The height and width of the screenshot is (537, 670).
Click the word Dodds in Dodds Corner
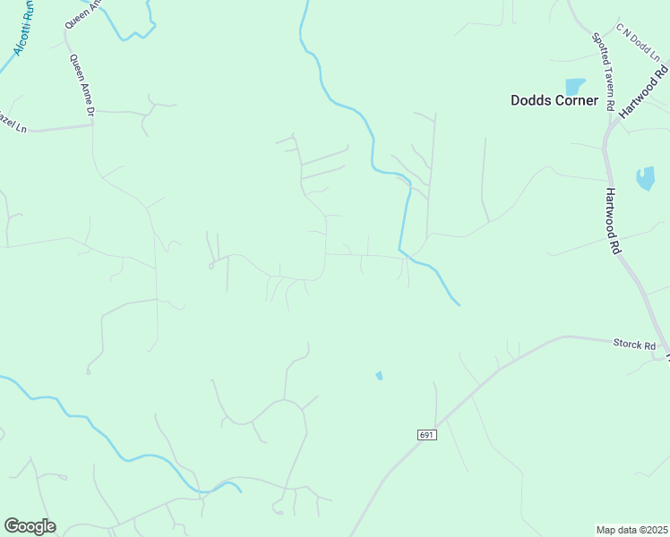(531, 100)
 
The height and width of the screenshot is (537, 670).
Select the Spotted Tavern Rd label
(602, 72)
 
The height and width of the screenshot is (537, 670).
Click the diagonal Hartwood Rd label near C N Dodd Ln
(645, 89)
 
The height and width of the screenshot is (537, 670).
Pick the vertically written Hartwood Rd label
(613, 221)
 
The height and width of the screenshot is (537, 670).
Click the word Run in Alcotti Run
(30, 8)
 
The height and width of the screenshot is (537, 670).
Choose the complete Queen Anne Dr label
(82, 86)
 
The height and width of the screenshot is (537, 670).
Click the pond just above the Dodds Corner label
(574, 86)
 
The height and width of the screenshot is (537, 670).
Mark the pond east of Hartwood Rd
(645, 178)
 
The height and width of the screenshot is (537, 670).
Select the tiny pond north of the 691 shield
(379, 375)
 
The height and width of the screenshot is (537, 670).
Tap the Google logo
(30, 526)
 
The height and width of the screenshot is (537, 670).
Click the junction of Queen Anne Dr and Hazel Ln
(93, 124)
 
